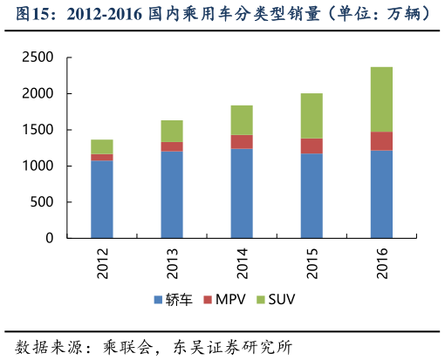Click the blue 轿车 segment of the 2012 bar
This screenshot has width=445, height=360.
coord(102,199)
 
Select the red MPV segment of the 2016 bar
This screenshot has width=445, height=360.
coord(381,141)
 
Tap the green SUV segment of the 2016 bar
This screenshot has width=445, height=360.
coord(381,99)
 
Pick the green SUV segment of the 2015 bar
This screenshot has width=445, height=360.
coord(311,116)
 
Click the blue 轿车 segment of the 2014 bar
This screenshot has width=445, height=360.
coord(242,193)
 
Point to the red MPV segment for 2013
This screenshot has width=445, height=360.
coord(172,146)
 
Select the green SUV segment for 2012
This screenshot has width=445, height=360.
coord(102,146)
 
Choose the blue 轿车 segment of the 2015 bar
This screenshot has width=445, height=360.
coord(311,195)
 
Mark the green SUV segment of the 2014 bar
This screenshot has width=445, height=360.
coord(242,120)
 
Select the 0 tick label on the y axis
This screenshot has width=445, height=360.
coord(50,238)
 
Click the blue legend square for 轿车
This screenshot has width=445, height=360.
coord(158,300)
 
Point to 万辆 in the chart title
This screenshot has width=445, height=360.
coord(403,15)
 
